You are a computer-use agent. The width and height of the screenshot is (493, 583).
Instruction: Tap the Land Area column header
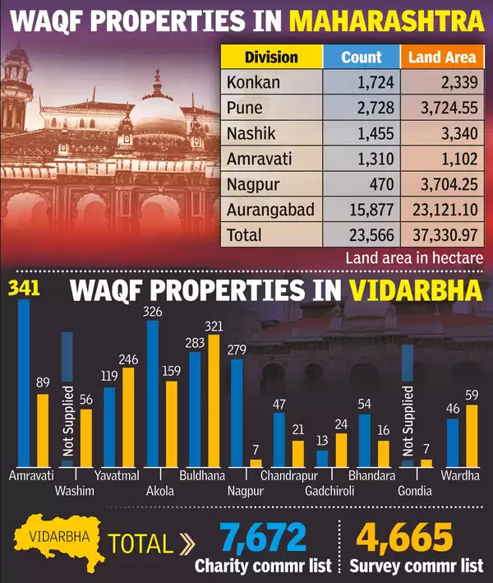click(441, 57)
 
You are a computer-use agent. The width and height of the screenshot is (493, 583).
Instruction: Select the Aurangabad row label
click(270, 210)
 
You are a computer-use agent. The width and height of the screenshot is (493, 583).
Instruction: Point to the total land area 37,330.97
click(441, 235)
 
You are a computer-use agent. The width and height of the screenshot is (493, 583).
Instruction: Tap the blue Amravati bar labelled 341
click(23, 382)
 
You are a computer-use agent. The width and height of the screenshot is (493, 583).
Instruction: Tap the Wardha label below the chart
click(460, 476)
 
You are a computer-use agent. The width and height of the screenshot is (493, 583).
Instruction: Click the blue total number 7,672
click(262, 539)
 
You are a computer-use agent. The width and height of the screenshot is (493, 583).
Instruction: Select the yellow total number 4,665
click(404, 539)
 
